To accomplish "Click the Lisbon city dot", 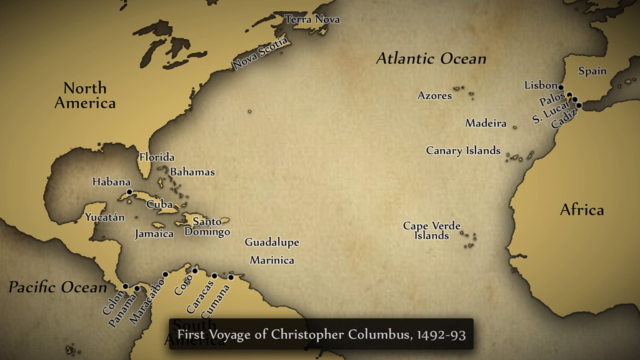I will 561,87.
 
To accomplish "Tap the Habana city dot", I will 129,192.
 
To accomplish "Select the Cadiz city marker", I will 579,106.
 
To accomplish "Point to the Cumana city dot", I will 231,277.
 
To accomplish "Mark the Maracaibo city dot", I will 166,274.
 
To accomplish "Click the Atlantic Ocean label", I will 431,59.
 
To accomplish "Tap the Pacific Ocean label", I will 57,287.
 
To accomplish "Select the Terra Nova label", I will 312,19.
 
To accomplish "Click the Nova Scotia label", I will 261,54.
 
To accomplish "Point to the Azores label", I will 434,96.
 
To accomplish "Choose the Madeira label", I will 486,123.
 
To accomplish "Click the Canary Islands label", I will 463,151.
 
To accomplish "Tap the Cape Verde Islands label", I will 432,231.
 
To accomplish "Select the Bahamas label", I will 192,172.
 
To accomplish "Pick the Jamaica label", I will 154,234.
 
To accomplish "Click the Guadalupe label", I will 272,242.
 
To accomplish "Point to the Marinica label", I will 272,260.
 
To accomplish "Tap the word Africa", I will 582,210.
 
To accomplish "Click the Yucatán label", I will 105,217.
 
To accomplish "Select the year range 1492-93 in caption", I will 441,334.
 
